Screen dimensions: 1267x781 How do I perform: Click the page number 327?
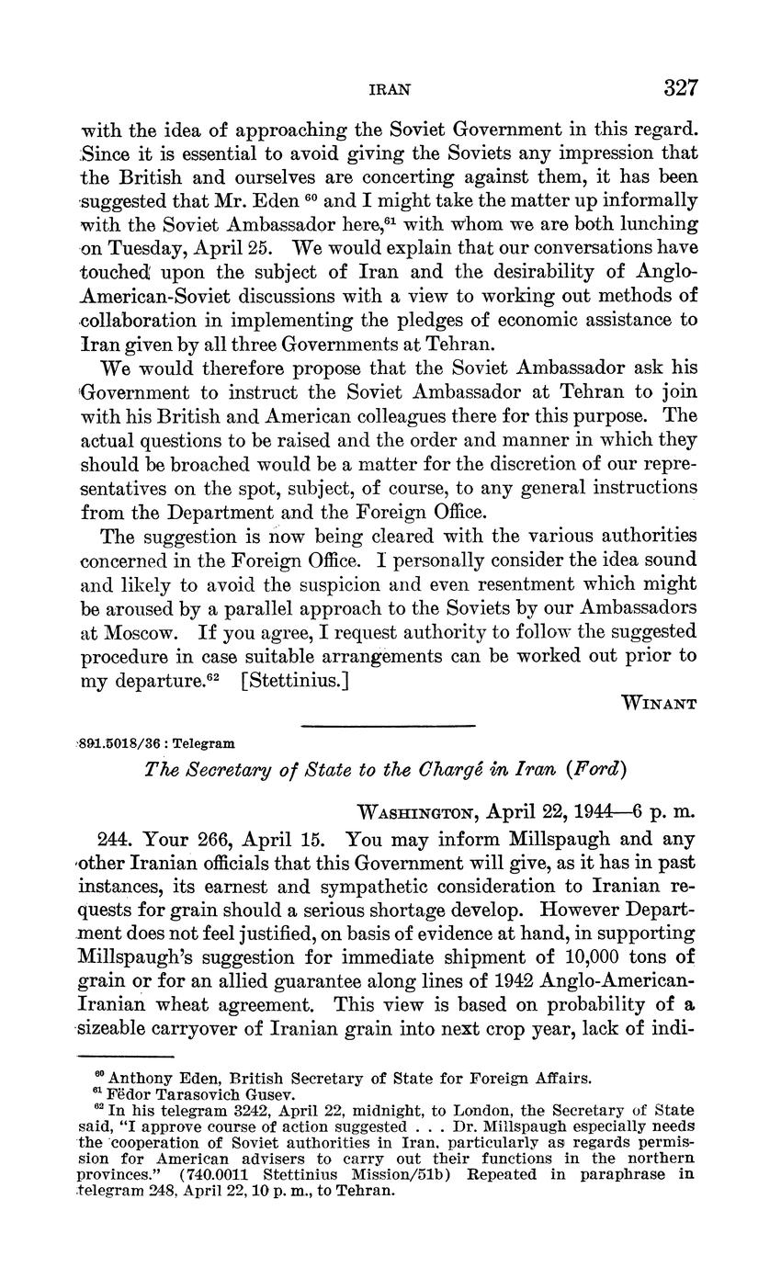click(x=679, y=88)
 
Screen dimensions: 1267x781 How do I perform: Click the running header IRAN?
click(x=389, y=90)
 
